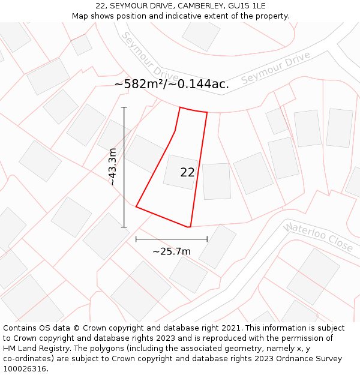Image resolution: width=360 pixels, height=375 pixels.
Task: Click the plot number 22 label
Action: pos(187,173)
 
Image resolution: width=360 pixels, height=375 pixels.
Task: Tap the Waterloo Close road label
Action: pos(319,237)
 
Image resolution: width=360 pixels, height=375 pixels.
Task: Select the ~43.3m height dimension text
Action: pos(113,167)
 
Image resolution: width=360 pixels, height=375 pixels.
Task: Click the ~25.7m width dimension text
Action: pos(172,251)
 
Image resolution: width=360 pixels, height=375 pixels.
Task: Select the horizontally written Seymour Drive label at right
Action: pos(275,68)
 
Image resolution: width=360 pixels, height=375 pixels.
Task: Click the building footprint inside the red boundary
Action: pos(180,172)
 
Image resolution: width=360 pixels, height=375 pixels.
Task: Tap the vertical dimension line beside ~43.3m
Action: pos(124,138)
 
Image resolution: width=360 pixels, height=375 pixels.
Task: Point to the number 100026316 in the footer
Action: pos(26,369)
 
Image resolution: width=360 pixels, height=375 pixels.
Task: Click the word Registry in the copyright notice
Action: pos(55,349)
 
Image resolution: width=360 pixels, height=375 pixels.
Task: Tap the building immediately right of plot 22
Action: pos(216,181)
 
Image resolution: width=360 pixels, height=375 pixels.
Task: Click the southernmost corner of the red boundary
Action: pos(190,227)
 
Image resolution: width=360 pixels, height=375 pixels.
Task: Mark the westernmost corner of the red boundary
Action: pos(136,207)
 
